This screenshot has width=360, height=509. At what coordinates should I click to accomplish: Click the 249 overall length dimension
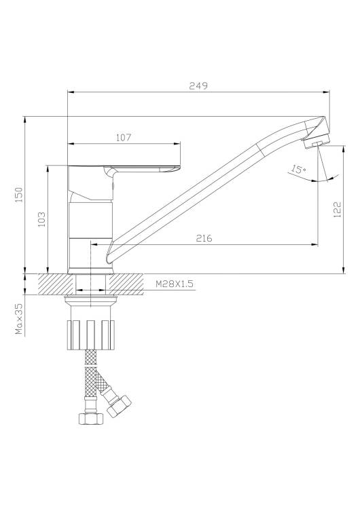(198, 86)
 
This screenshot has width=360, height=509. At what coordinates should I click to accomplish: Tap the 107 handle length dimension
(124, 138)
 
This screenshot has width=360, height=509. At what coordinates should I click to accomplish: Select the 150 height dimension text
(20, 195)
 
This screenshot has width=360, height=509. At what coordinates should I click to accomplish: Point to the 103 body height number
(42, 219)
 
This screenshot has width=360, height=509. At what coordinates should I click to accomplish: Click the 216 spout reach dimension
(204, 238)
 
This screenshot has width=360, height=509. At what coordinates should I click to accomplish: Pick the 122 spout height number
(338, 210)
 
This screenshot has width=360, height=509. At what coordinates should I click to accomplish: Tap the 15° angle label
(298, 169)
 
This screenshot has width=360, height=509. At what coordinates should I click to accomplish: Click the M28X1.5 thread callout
(175, 284)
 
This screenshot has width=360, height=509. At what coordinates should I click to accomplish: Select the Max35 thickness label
(19, 319)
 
